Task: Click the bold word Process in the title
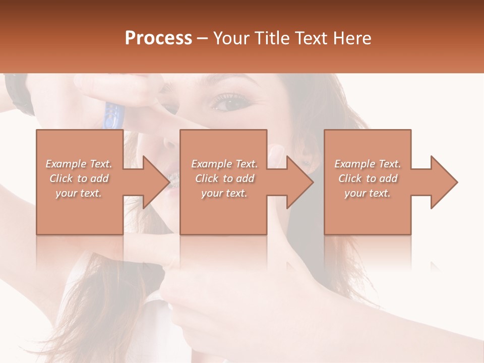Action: point(158,38)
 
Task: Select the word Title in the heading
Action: point(273,38)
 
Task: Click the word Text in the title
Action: point(314,38)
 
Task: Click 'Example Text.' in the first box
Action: point(79,164)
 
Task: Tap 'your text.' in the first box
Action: point(79,193)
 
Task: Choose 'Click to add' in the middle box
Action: point(224,178)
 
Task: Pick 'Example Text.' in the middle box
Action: point(224,164)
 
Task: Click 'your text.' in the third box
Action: point(368,193)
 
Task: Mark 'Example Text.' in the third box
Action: point(368,164)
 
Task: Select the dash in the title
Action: point(202,39)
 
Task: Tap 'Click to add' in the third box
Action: point(368,178)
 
